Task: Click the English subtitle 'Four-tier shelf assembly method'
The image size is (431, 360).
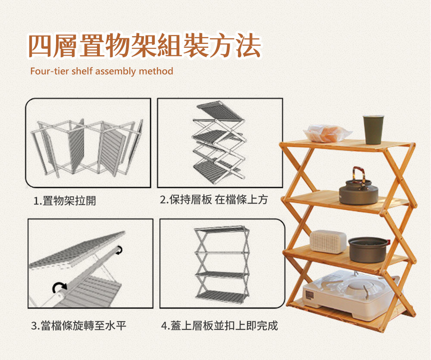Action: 102,71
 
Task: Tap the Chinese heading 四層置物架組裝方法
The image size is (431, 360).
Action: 144,46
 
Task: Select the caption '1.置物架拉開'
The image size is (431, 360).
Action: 65,201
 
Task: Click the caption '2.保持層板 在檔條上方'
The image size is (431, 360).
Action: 214,200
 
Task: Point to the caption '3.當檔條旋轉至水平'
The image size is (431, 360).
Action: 78,326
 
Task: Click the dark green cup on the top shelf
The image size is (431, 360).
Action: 373,130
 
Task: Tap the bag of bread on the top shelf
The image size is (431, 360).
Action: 327,133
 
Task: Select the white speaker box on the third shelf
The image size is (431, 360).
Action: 328,242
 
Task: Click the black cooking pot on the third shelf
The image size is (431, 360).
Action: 369,250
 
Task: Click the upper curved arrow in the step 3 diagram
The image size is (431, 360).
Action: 119,250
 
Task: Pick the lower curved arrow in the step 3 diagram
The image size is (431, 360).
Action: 59,287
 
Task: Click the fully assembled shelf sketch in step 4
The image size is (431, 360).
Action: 222,263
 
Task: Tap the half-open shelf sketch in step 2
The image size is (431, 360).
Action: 219,143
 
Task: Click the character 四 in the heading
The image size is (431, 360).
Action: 40,46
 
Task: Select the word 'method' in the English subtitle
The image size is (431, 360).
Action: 156,71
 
